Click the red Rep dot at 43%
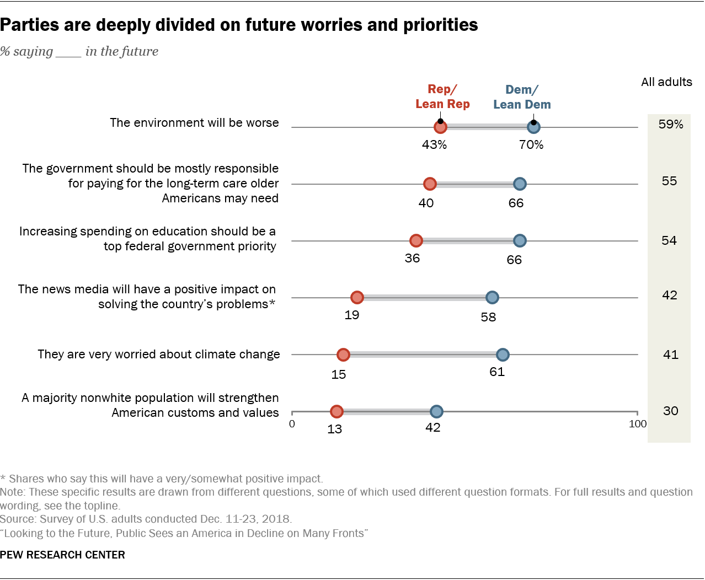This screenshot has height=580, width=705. (x=440, y=127)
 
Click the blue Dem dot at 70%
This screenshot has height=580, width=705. (x=533, y=127)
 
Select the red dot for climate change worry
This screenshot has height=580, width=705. (x=343, y=355)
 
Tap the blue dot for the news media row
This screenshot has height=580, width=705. (x=492, y=298)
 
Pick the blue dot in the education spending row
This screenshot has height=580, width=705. (x=520, y=241)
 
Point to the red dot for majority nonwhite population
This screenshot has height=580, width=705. (x=337, y=411)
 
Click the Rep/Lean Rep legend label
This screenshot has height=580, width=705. (x=442, y=96)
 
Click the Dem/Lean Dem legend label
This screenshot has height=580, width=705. (x=522, y=97)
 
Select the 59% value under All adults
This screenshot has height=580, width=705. (x=670, y=125)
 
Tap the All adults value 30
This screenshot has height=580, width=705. (x=670, y=411)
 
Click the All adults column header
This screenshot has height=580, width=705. (x=666, y=82)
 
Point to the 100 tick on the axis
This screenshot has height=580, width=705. (x=638, y=424)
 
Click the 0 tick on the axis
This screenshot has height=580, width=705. (x=292, y=424)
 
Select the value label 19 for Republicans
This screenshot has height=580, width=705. (x=352, y=315)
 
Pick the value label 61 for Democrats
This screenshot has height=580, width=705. (x=497, y=372)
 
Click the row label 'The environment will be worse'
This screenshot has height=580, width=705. (x=194, y=123)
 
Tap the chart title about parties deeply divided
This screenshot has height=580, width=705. (x=239, y=25)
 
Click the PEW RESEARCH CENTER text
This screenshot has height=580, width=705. (x=62, y=555)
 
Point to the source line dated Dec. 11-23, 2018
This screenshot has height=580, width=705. (x=146, y=519)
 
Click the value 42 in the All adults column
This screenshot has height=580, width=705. (x=670, y=296)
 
